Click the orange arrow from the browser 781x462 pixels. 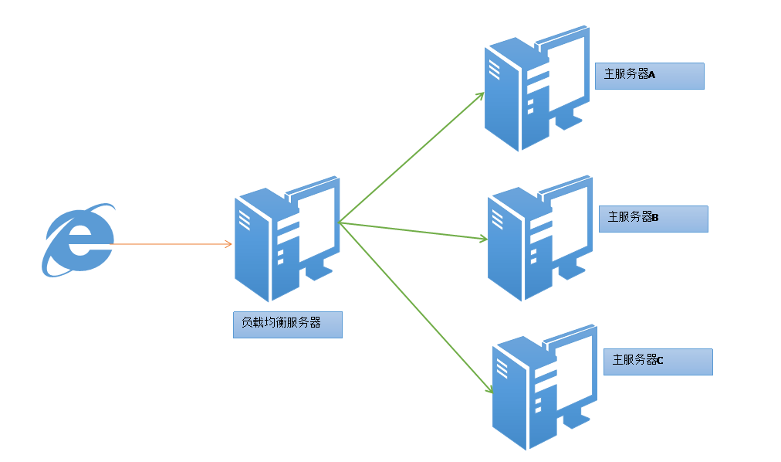170,244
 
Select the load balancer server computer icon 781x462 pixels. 286,239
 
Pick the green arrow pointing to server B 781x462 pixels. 413,231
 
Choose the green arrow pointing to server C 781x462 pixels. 417,308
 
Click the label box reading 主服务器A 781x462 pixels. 649,76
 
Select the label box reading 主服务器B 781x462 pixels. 653,219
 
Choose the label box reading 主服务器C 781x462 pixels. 658,362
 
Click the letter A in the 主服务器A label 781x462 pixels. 651,75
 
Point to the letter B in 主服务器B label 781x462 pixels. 655,218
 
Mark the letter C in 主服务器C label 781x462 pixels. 660,361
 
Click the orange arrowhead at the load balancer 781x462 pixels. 228,244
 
